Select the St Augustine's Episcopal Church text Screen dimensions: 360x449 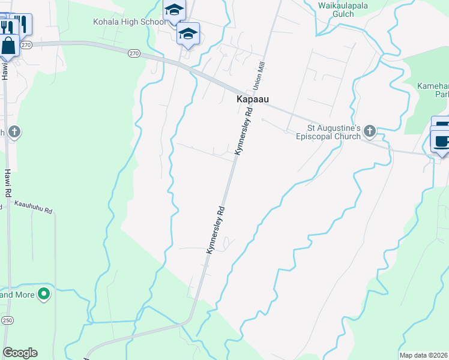pyautogui.click(x=334, y=132)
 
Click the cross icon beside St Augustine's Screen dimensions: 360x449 pyautogui.click(x=370, y=130)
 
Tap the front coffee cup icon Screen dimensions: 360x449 pyautogui.click(x=442, y=142)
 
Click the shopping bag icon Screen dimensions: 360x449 pyautogui.click(x=9, y=46)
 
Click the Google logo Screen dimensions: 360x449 pyautogui.click(x=20, y=353)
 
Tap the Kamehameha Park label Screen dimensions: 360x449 pyautogui.click(x=433, y=91)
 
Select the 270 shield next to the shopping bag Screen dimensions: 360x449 pyautogui.click(x=25, y=45)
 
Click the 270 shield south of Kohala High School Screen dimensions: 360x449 pyautogui.click(x=134, y=53)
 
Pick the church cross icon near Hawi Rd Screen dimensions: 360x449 pyautogui.click(x=15, y=131)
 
